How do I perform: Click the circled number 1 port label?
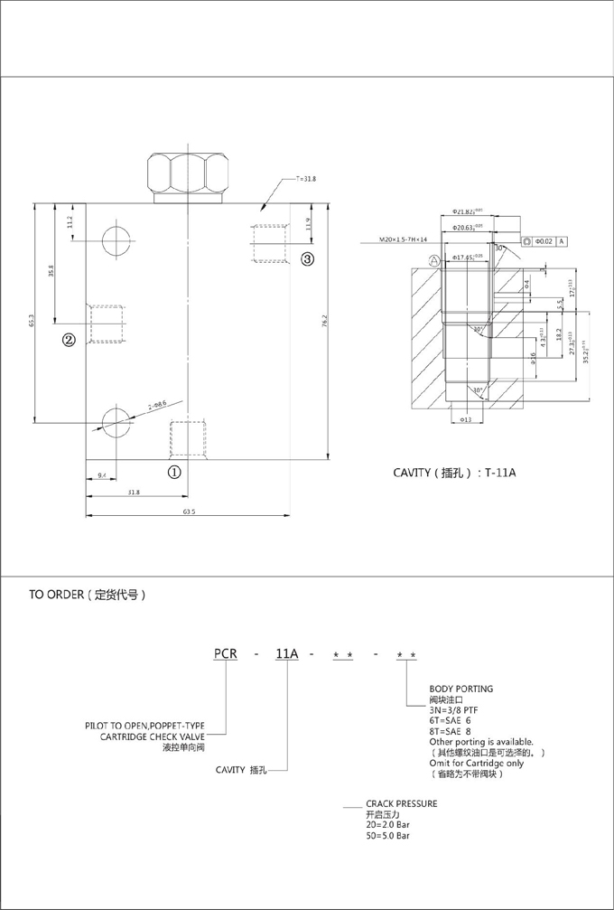(175, 471)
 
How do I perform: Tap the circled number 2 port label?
(69, 339)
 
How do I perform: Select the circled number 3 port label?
(307, 258)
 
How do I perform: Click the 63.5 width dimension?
(189, 511)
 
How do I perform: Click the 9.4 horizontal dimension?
(102, 474)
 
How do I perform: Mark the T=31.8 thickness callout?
(305, 179)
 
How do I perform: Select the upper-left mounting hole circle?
(116, 241)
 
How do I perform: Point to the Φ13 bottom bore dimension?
(466, 420)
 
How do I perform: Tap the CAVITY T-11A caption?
(453, 473)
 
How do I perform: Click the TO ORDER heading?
(87, 596)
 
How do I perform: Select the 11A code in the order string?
(286, 652)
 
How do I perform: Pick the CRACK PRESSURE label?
(401, 802)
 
